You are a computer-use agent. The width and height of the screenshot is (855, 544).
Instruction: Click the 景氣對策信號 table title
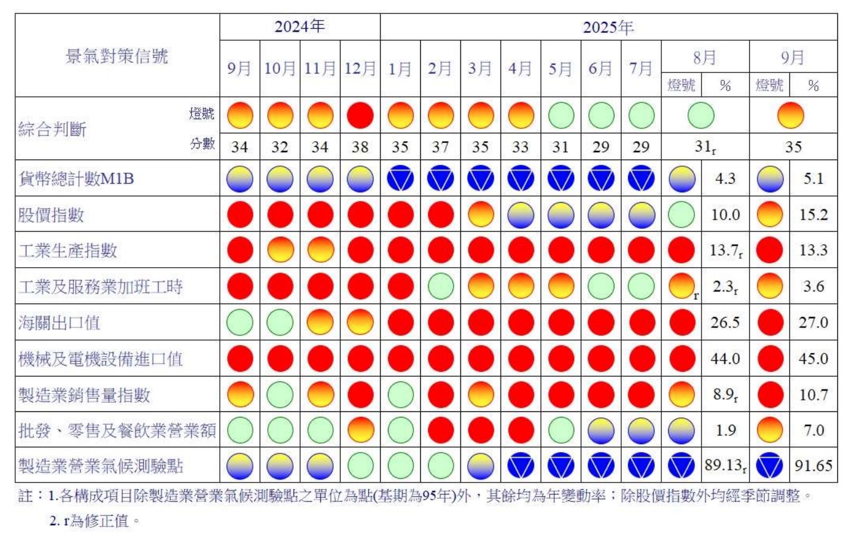116,56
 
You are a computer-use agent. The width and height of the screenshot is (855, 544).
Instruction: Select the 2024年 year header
299,27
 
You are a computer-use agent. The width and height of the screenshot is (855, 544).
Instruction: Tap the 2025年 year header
608,27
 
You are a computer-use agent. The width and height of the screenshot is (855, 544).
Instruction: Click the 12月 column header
359,68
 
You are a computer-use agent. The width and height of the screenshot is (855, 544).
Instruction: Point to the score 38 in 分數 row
359,147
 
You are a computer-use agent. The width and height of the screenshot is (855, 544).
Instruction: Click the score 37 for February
440,147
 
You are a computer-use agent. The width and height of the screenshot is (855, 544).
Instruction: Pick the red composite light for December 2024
359,115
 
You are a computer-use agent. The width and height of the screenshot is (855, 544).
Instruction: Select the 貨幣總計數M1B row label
76,179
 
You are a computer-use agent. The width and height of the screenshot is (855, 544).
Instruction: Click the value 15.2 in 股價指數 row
813,215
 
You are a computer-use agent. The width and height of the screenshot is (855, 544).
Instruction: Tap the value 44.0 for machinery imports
725,358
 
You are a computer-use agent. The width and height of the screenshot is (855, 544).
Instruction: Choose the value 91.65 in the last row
813,466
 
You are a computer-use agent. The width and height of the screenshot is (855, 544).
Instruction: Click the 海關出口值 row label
59,323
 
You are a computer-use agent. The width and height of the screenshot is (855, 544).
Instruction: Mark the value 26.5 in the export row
725,323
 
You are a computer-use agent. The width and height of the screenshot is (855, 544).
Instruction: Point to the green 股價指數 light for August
681,215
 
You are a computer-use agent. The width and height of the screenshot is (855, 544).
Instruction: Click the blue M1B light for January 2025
400,179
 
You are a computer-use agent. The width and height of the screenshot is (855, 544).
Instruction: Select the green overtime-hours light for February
440,287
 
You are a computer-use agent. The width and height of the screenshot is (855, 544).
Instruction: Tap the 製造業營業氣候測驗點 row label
100,466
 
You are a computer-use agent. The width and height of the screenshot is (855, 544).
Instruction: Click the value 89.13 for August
723,466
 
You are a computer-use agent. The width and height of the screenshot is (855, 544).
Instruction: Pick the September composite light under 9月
790,115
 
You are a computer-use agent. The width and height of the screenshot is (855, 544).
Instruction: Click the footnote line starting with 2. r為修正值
94,521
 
